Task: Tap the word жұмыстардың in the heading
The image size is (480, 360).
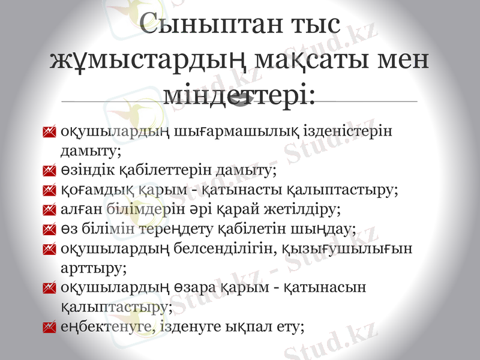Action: [x=147, y=61]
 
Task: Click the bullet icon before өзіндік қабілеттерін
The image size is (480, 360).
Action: [x=50, y=172]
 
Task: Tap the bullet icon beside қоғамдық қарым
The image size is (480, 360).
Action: [x=50, y=191]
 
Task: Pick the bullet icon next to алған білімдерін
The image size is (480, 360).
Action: [x=50, y=210]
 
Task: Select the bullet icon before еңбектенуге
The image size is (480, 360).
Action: [x=50, y=328]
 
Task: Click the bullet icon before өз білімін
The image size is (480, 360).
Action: [x=50, y=229]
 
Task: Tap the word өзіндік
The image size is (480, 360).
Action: [x=83, y=171]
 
